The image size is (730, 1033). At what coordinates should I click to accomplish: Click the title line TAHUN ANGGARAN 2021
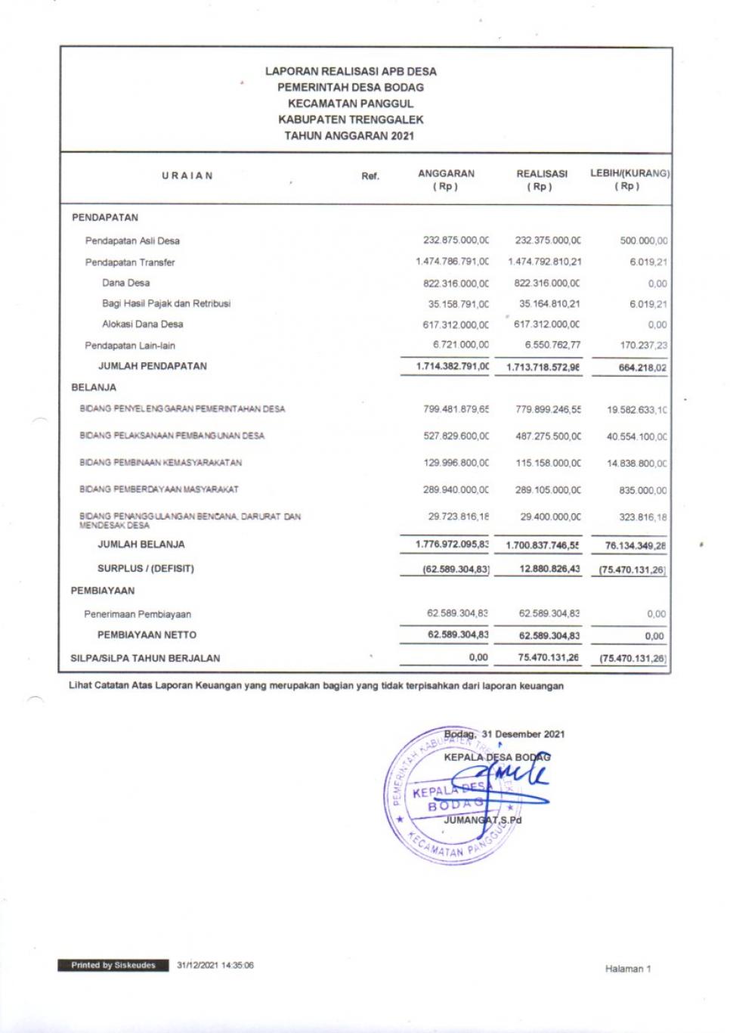pos(349,136)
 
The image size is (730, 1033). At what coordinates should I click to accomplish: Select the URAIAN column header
pos(187,175)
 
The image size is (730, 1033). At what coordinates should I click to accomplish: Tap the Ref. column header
pos(370,176)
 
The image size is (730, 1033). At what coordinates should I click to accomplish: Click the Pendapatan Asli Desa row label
pos(132,240)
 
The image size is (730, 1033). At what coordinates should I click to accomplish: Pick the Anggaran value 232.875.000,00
pos(456,240)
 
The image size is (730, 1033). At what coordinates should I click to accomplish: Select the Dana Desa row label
pos(126,283)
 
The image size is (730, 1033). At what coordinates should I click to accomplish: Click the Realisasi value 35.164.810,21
pos(549,304)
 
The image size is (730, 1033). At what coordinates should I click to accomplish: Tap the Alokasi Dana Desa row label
pos(143,324)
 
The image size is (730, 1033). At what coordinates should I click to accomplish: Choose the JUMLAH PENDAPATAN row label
pos(153,366)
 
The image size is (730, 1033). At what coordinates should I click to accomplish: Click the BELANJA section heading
pos(94,387)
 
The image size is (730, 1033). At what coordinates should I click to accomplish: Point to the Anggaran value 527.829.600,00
pos(456,436)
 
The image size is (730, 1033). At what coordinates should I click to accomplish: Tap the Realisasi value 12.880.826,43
pos(549,569)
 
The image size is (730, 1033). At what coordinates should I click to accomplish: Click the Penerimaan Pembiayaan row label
pos(138,614)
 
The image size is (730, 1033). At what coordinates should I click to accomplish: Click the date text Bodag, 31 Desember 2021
pos(504,734)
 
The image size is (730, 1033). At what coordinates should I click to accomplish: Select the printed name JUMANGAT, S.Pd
pos(482,820)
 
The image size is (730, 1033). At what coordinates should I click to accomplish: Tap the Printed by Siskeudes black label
pos(113,965)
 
